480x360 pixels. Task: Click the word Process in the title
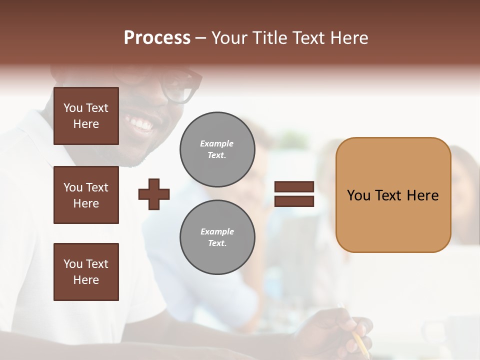157,38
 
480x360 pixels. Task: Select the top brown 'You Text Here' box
86,116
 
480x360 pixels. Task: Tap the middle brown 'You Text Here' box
86,195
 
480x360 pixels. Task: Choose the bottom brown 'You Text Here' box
86,271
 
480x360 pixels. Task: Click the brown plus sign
154,194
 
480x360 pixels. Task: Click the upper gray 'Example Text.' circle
217,149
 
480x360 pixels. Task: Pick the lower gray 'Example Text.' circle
217,237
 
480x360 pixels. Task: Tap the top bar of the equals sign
294,187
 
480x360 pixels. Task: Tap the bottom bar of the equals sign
294,201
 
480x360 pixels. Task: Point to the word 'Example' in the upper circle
217,143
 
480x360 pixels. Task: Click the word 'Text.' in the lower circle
217,243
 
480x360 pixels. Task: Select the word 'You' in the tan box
358,195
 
